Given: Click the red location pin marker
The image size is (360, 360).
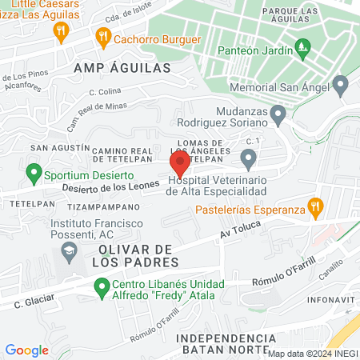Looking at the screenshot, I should pos(179,163).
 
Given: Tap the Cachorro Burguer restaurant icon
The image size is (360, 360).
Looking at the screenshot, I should pos(102,36).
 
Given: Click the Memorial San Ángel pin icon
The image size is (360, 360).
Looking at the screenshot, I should pos(341,84).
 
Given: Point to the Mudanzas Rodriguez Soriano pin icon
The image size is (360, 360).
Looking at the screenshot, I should pos(278,115).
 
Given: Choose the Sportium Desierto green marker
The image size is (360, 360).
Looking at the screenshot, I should pos(34,172).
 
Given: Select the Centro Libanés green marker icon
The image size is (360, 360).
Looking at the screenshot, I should pos(101,286).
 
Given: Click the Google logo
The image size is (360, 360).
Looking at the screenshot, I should pos(26,350).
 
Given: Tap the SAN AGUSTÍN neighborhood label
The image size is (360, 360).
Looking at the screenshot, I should pos(59,148).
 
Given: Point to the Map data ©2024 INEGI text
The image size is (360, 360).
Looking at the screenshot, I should pos(312,353).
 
